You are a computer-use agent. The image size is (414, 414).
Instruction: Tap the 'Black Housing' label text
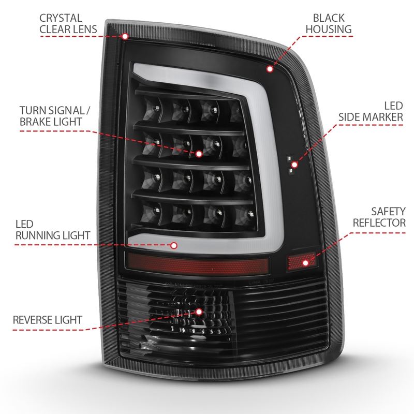328,22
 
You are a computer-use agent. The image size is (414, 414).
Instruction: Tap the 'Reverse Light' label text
47,317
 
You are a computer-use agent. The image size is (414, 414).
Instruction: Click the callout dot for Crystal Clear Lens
125,36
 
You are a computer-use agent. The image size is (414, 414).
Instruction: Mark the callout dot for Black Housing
270,68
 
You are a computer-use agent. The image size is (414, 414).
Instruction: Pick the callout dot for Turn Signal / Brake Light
199,154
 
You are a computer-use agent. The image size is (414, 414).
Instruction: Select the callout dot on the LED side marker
294,165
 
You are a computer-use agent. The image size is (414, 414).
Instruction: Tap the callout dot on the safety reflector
306,263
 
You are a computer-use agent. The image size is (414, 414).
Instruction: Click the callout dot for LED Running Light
173,246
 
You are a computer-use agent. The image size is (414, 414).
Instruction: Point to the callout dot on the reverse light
200,312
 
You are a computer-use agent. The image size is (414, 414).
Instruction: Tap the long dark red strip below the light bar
199,264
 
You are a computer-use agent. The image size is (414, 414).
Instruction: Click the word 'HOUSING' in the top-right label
328,29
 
